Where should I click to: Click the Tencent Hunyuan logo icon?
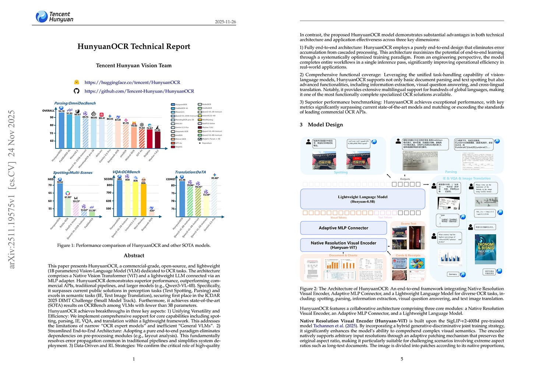(x=42, y=16)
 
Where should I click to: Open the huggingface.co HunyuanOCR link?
(x=132, y=83)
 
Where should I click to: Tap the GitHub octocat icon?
(x=77, y=91)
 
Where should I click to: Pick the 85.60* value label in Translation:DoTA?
(x=215, y=178)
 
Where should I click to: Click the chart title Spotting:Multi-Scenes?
(x=73, y=172)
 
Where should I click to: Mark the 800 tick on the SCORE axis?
(x=109, y=185)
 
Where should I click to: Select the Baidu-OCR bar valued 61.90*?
(x=68, y=207)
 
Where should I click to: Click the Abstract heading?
(x=134, y=255)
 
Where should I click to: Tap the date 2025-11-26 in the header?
(x=225, y=22)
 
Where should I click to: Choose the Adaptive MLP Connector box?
(x=343, y=228)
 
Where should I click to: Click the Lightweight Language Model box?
(x=363, y=199)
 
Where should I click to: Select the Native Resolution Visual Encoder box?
(x=343, y=245)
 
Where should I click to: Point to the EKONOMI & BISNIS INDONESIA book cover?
(x=485, y=249)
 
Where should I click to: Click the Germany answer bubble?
(x=453, y=274)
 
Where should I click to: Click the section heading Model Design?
(x=325, y=124)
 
